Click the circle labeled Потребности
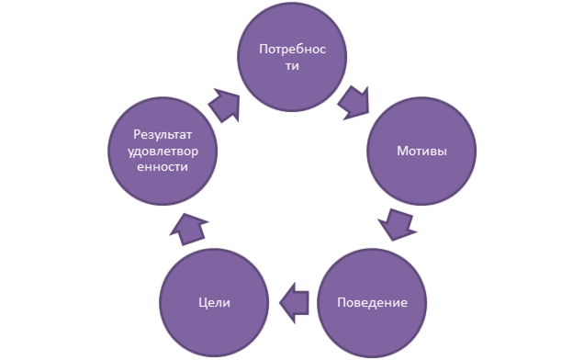coord(292,57)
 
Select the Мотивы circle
coord(421,151)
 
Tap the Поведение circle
coord(372,303)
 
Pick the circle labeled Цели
coord(214,303)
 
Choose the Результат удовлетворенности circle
coord(163,151)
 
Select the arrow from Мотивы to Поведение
coord(397,224)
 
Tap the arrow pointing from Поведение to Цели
coord(294,303)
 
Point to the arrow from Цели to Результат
coord(188,229)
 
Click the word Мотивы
coord(421,151)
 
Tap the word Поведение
coord(372,302)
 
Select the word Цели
coord(214,302)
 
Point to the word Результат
coord(163,135)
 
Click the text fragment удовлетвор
coord(163,152)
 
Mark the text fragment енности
coord(163,166)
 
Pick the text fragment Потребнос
coord(292,50)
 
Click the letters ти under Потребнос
coord(292,66)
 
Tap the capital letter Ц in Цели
coord(203,303)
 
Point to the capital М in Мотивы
coord(402,151)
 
